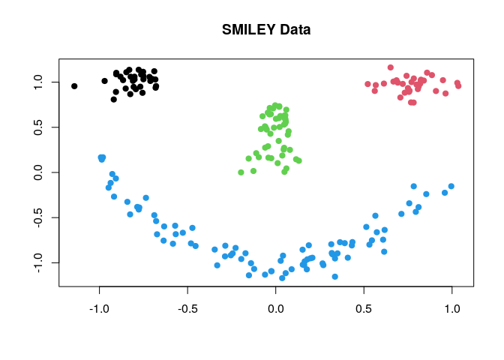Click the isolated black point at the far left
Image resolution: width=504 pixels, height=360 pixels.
(74, 86)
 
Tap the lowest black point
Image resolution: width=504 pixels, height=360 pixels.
(114, 99)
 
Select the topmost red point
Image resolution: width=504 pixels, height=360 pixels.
(390, 67)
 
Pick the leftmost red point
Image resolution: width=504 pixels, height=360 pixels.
(367, 84)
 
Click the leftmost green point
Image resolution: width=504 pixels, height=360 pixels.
(241, 172)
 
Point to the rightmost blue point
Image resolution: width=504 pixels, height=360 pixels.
(451, 186)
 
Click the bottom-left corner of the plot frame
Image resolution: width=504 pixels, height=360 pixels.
(58, 286)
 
